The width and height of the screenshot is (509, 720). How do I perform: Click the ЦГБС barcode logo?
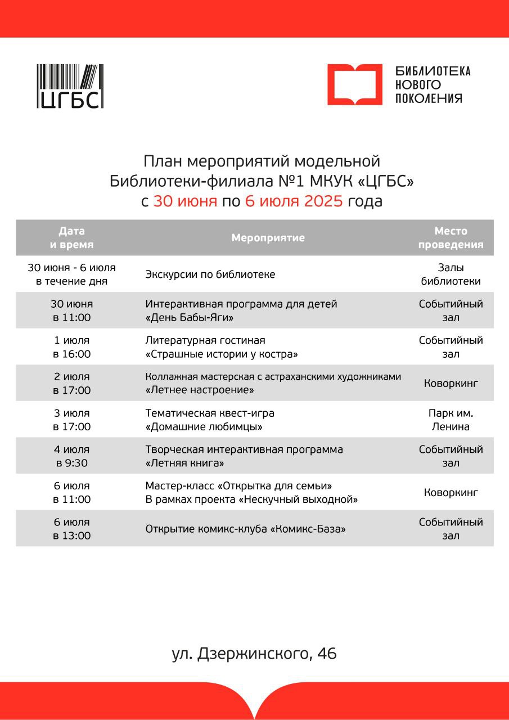[x=70, y=86]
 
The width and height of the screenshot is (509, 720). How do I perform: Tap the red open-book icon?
[x=354, y=84]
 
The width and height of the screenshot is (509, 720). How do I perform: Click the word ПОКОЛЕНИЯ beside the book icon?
[x=429, y=98]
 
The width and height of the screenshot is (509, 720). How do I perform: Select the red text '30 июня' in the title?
[x=185, y=201]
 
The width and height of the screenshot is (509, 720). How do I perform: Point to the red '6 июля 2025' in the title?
[x=294, y=201]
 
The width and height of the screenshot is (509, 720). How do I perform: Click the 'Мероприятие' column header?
[x=268, y=238]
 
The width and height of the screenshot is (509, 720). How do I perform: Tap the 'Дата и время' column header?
[x=72, y=238]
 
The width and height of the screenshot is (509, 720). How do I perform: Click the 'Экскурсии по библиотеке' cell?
[x=210, y=274]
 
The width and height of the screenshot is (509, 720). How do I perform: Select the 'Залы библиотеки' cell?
[x=451, y=274]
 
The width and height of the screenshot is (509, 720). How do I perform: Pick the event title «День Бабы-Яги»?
[x=190, y=318]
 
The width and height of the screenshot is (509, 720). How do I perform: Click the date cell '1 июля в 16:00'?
[x=72, y=347]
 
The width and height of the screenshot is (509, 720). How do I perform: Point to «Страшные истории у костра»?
[x=222, y=354]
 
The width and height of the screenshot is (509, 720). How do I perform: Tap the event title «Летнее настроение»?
[x=200, y=390]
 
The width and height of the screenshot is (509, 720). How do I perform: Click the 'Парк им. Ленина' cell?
[x=451, y=420]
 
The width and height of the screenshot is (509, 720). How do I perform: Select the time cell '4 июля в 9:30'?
[x=72, y=456]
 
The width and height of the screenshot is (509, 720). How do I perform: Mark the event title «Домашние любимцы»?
[x=204, y=427]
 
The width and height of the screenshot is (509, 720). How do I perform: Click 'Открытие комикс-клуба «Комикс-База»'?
[x=245, y=529]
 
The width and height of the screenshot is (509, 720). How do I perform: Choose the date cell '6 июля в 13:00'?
[x=72, y=529]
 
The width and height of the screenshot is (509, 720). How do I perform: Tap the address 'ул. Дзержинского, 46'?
[x=254, y=654]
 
